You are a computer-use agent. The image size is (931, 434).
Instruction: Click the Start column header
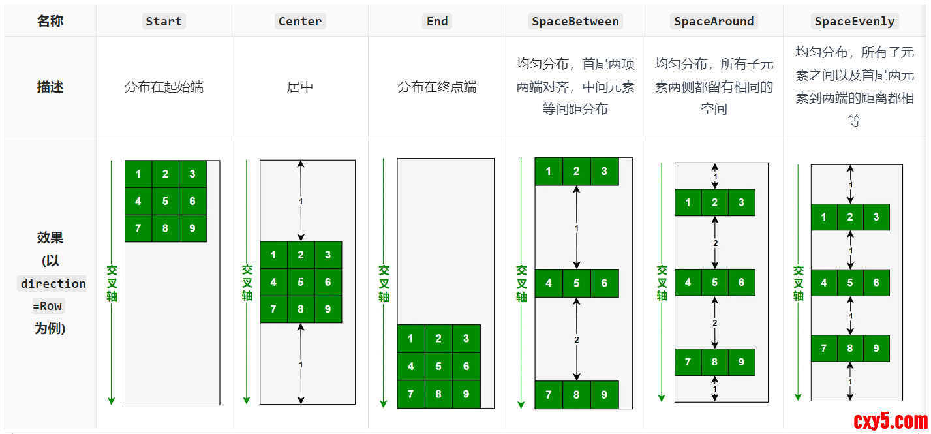[x=164, y=22]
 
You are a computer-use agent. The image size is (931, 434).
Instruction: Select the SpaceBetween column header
[x=575, y=22]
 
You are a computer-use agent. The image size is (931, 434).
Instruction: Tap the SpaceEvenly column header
[x=855, y=22]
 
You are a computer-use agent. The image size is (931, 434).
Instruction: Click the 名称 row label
[x=50, y=22]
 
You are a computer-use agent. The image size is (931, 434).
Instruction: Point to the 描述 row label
[x=50, y=87]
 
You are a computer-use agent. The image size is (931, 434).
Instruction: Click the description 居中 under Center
[x=300, y=87]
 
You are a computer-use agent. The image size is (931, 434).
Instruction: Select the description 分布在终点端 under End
[x=437, y=87]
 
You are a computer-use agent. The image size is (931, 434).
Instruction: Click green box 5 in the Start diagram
[x=165, y=201]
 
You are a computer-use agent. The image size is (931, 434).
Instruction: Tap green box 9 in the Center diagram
[x=328, y=309]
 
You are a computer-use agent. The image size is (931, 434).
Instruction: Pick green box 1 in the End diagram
[x=410, y=339]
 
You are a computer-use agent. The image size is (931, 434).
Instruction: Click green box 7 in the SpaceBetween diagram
[x=549, y=395]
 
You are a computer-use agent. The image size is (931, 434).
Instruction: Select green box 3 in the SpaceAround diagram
[x=741, y=202]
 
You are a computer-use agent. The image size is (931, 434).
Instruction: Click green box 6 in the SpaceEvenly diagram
[x=876, y=283]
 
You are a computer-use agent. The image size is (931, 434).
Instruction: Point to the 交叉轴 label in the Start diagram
[x=112, y=283]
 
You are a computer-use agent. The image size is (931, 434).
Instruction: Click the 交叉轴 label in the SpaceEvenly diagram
[x=799, y=283]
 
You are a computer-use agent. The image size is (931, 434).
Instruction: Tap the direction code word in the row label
[x=53, y=284]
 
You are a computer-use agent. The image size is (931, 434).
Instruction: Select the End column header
[x=437, y=22]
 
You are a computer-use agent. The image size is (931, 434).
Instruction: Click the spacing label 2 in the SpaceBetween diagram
[x=577, y=340]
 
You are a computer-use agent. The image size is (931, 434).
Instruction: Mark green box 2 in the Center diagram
[x=301, y=255]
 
